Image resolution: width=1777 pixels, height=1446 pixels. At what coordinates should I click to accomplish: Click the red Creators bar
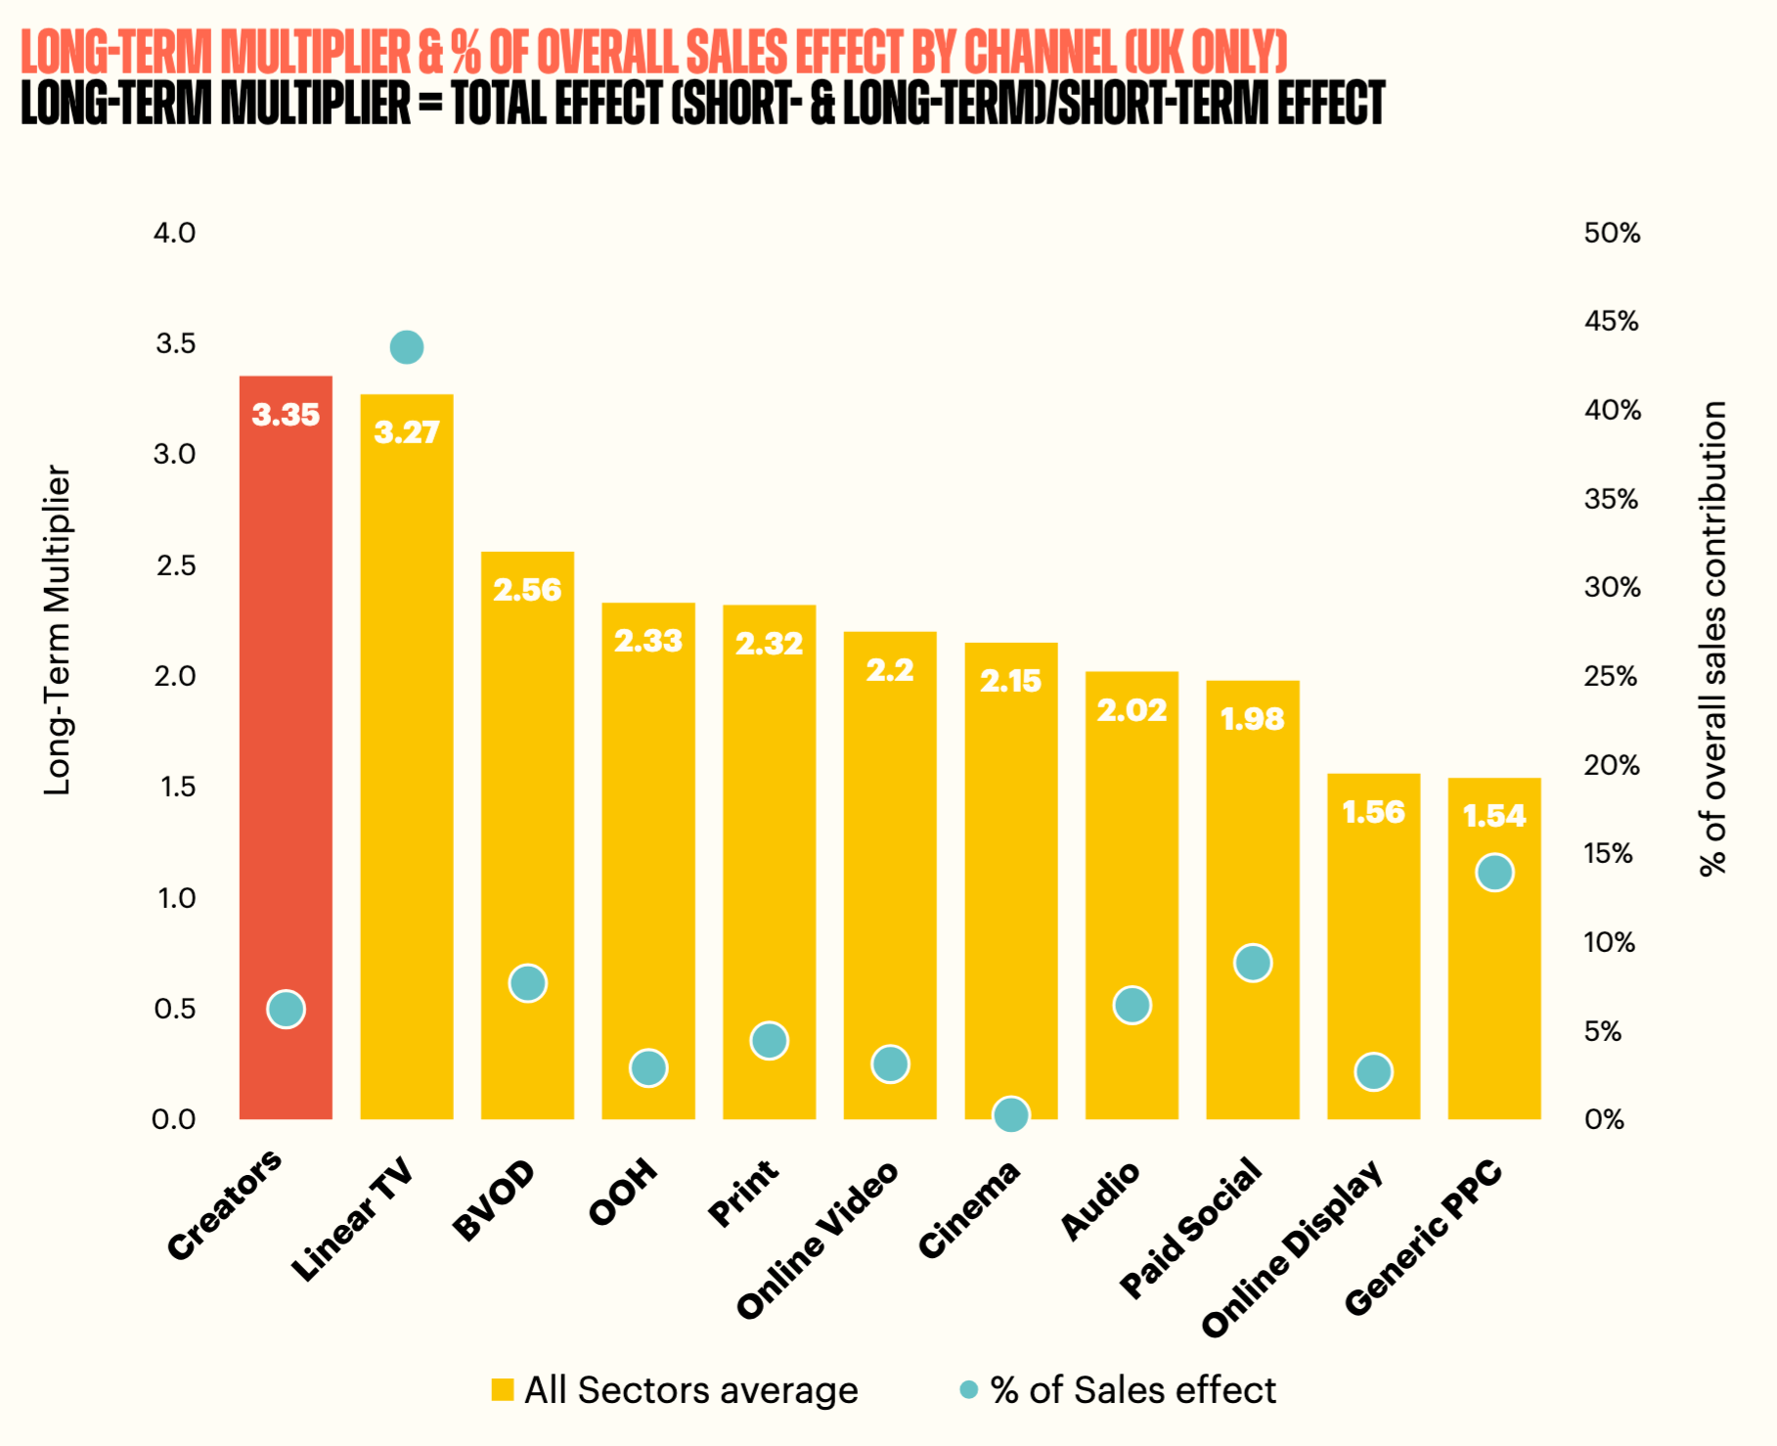[x=286, y=747]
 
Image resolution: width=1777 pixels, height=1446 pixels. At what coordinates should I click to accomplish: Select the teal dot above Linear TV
[x=407, y=347]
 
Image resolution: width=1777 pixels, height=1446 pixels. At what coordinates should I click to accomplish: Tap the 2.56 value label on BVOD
[x=527, y=590]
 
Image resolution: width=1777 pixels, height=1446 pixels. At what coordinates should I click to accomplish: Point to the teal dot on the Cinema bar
[x=1011, y=1114]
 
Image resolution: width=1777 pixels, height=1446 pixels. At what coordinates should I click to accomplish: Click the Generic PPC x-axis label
[x=1423, y=1237]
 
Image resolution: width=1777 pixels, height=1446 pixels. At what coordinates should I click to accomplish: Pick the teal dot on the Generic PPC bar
[x=1494, y=873]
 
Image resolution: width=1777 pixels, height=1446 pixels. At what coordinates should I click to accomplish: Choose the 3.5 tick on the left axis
[x=176, y=343]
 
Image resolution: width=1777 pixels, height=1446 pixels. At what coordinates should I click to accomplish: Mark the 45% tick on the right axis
[x=1612, y=321]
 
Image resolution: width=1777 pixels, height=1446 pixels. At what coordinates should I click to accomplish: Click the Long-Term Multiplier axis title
[x=58, y=629]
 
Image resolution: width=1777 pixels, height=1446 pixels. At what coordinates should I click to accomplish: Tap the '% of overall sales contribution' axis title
[x=1713, y=638]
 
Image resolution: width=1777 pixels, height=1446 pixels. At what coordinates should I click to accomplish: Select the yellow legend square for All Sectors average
[x=503, y=1390]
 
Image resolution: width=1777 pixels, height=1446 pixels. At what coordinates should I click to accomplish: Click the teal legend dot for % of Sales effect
[x=969, y=1390]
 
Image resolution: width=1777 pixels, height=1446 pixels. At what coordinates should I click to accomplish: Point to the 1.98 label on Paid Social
[x=1253, y=719]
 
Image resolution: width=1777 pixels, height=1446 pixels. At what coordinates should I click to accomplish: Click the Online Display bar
[x=1373, y=946]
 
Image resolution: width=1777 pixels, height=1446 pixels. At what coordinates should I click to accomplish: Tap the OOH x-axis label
[x=623, y=1192]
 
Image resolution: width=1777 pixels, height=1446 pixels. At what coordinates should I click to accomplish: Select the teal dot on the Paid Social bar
[x=1253, y=964]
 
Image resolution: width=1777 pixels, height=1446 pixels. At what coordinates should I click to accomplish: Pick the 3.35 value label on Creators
[x=286, y=415]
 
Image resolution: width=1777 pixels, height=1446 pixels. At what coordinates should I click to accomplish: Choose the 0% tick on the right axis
[x=1604, y=1119]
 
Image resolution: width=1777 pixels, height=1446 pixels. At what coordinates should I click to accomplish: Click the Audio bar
[x=1132, y=895]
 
